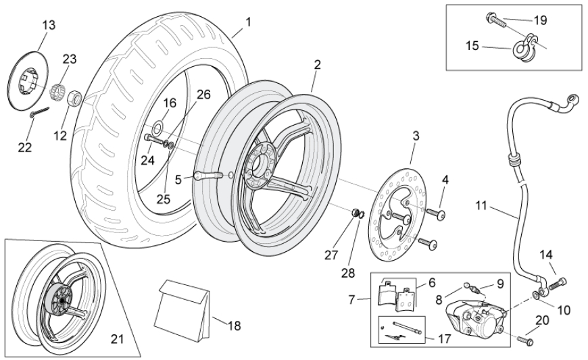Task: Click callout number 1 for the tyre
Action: click(248, 22)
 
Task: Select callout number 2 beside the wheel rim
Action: click(317, 65)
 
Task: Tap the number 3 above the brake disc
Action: click(416, 136)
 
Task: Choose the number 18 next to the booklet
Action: click(234, 326)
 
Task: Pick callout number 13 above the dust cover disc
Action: click(49, 25)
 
